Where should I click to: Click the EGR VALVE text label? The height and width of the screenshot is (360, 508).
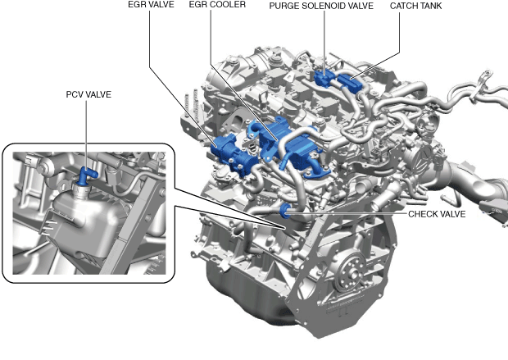[x=151, y=5]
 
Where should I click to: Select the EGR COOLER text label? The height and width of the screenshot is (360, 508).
[x=217, y=5]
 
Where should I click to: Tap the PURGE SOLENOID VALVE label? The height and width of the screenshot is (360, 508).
[x=321, y=6]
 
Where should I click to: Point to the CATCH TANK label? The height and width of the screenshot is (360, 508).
[x=415, y=6]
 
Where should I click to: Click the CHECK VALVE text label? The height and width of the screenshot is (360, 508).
[x=437, y=214]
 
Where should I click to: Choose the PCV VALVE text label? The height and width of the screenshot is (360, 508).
[x=88, y=94]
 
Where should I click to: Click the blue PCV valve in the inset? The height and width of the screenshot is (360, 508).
[x=87, y=175]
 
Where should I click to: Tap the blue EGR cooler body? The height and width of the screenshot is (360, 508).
[x=285, y=143]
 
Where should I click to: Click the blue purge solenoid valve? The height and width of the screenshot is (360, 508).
[x=324, y=78]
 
